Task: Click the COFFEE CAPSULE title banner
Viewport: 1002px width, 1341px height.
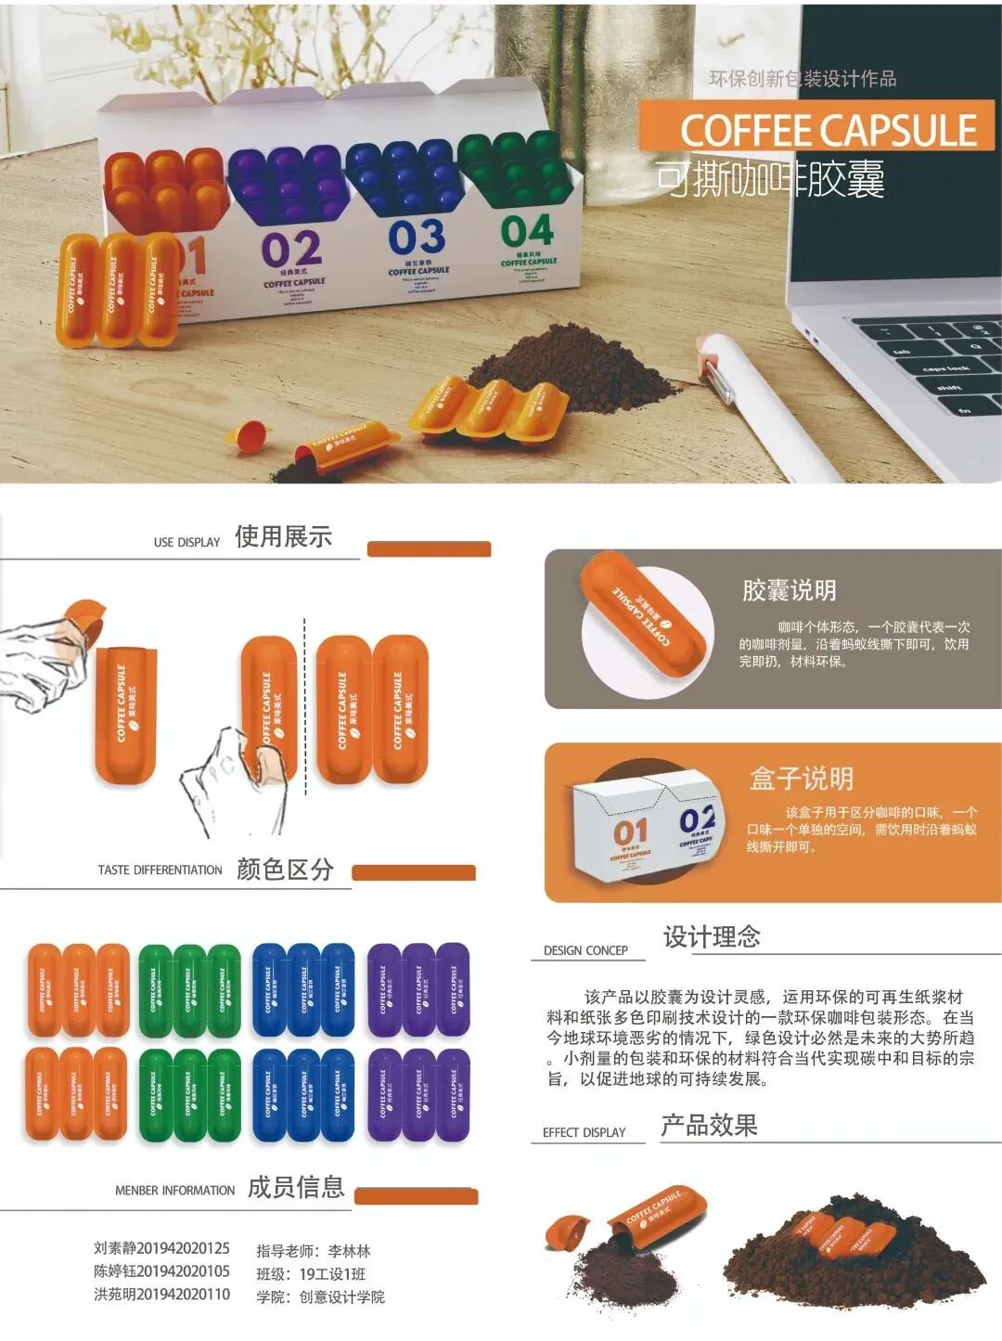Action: [816, 129]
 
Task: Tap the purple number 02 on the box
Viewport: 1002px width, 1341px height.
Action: [291, 249]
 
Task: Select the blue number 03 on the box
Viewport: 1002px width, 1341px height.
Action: [417, 238]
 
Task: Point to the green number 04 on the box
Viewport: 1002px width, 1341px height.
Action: [527, 231]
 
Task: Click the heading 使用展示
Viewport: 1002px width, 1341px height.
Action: [283, 536]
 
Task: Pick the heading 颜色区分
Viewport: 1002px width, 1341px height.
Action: [285, 870]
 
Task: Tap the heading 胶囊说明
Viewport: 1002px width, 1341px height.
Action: [789, 590]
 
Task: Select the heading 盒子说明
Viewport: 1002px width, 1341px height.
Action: [801, 778]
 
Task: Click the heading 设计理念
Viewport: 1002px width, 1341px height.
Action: [712, 936]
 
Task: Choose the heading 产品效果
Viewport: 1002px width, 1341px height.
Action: [709, 1126]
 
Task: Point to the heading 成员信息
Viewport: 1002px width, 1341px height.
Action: [296, 1187]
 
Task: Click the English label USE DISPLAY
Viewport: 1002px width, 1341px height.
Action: [186, 542]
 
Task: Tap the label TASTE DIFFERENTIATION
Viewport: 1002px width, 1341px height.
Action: [160, 870]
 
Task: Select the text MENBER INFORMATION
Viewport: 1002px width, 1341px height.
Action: [174, 1191]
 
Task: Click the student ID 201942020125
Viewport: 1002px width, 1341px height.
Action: [183, 1249]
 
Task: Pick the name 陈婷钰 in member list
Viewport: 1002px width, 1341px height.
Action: [114, 1271]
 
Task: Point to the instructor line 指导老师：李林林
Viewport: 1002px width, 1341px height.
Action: [314, 1251]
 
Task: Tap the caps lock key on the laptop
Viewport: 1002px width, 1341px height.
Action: [944, 368]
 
